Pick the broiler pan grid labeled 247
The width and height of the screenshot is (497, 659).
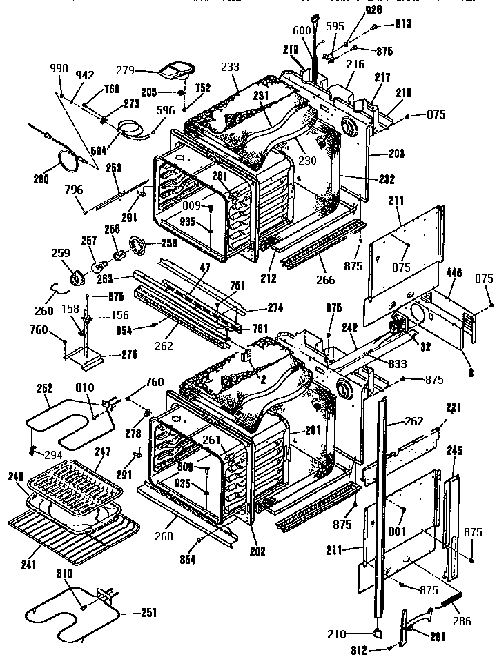coord(79,483)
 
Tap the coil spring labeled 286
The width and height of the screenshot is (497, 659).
coord(449,605)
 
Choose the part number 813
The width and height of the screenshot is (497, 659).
coord(402,23)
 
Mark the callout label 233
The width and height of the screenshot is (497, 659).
coord(230,67)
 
